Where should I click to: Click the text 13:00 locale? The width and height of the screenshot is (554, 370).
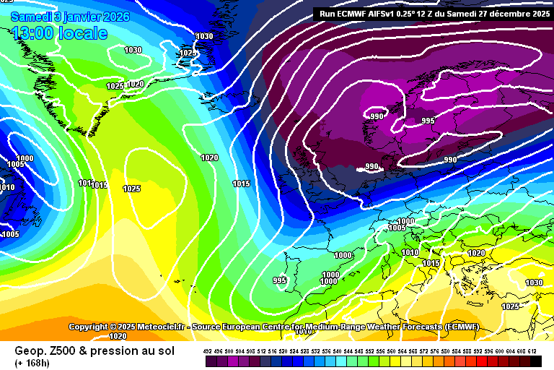tap(59, 33)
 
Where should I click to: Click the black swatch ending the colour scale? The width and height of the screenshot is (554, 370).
tap(535, 360)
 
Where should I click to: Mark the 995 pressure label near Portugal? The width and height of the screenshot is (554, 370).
tap(280, 280)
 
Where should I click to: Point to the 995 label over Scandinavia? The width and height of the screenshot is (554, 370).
tap(428, 121)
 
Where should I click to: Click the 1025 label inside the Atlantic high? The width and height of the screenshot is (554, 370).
tap(131, 189)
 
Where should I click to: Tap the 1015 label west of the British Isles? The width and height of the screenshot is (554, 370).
tap(242, 184)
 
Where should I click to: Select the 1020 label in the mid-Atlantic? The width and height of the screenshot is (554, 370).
tap(209, 158)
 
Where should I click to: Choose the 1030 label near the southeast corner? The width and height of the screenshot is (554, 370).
tap(534, 283)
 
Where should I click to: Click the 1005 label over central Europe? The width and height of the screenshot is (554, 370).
tap(397, 228)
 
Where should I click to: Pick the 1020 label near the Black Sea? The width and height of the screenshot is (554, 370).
tap(476, 253)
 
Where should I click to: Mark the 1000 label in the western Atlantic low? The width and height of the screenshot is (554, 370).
tap(25, 158)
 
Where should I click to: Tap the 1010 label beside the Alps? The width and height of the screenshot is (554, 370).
tap(410, 252)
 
